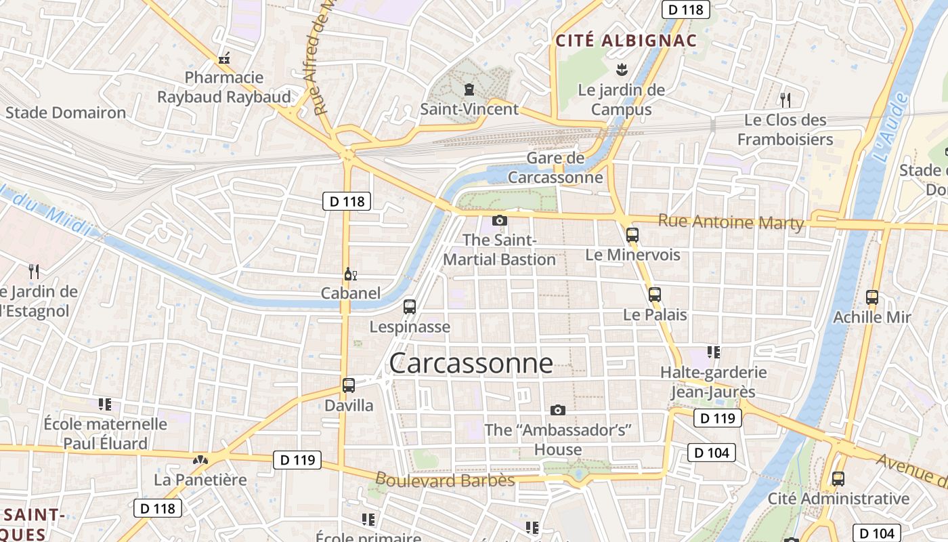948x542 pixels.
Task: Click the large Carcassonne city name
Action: coord(471,364)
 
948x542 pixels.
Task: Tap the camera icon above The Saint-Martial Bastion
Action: coord(500,220)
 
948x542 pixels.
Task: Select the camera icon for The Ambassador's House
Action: coord(557,410)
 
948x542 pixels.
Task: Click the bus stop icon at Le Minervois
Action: coord(632,235)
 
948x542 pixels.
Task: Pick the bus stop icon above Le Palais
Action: coord(654,295)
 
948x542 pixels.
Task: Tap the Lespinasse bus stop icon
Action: coord(409,306)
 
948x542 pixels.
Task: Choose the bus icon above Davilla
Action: coord(348,385)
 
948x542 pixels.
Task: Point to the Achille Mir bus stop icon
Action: coord(871,297)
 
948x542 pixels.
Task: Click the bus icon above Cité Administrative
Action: coord(838,479)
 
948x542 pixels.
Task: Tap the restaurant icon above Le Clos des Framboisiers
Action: coord(785,100)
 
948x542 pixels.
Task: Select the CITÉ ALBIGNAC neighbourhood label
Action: coord(626,41)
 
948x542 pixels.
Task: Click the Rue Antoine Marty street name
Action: coord(731,222)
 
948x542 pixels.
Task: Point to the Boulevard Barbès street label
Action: coord(445,480)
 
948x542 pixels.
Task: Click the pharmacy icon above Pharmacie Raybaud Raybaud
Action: coord(224,59)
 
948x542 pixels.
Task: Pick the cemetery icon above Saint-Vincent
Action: coord(469,89)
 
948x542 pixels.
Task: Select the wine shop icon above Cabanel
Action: coord(350,274)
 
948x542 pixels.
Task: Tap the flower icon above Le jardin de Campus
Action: coord(620,69)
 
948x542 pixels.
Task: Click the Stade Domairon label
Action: coord(66,112)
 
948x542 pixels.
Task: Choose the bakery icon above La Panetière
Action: coord(200,460)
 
